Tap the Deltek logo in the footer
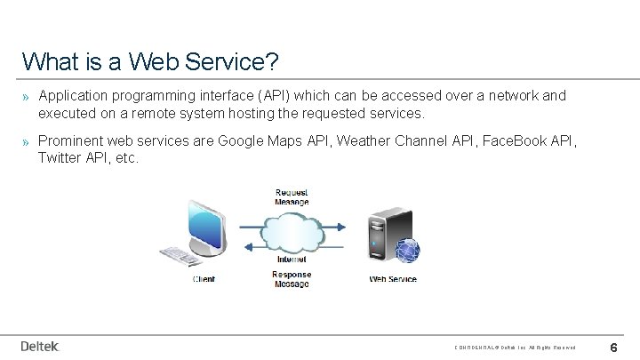40,346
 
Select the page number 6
613,347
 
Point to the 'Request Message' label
292,196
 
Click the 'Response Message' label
292,279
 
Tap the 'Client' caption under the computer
204,279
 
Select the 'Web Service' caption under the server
393,279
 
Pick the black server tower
384,233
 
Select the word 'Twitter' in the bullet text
60,157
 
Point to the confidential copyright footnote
516,348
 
